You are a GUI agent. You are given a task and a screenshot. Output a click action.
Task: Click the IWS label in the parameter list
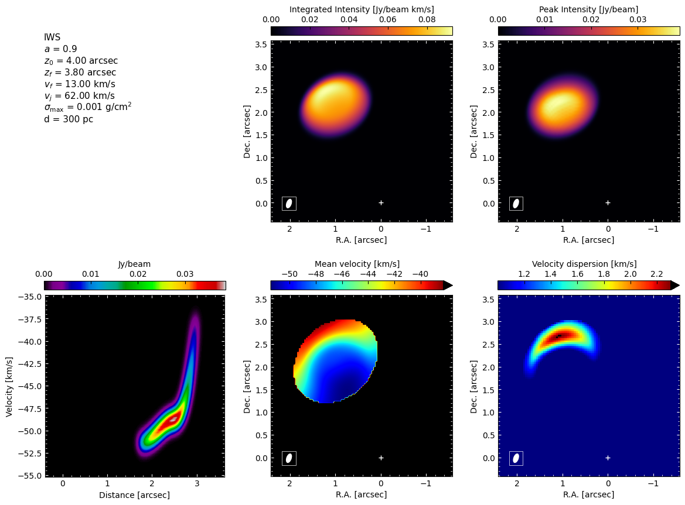point(52,37)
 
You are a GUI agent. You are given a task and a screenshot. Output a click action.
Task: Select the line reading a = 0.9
point(61,49)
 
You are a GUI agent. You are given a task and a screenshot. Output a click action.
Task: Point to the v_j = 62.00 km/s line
point(80,96)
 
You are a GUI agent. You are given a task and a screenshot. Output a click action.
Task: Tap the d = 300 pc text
point(69,119)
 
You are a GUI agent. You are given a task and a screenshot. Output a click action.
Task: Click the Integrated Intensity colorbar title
point(362,9)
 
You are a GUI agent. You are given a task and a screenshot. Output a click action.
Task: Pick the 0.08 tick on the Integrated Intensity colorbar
point(427,20)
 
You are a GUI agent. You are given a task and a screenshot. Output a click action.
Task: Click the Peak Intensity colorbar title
point(588,9)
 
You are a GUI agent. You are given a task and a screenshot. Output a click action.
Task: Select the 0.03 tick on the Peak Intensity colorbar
point(638,20)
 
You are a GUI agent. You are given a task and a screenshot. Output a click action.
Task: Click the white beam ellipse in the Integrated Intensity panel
point(289,203)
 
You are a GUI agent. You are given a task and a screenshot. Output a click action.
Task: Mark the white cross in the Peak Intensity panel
point(608,203)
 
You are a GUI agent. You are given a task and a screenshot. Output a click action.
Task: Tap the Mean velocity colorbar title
point(357,264)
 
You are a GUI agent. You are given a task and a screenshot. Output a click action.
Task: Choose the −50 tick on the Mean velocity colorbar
point(290,274)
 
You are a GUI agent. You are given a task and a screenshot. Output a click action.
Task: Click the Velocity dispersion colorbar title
point(584,264)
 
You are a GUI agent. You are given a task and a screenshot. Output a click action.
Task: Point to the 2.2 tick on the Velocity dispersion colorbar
point(657,274)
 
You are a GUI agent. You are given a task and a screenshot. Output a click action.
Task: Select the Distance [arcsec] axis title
point(135,495)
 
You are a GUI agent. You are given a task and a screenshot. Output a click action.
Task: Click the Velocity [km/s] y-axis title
point(9,387)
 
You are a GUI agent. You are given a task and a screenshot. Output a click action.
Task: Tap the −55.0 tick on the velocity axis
point(30,475)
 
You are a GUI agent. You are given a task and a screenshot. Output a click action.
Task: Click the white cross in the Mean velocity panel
point(381,458)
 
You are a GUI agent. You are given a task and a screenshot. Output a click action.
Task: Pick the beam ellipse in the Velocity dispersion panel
point(516,458)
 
